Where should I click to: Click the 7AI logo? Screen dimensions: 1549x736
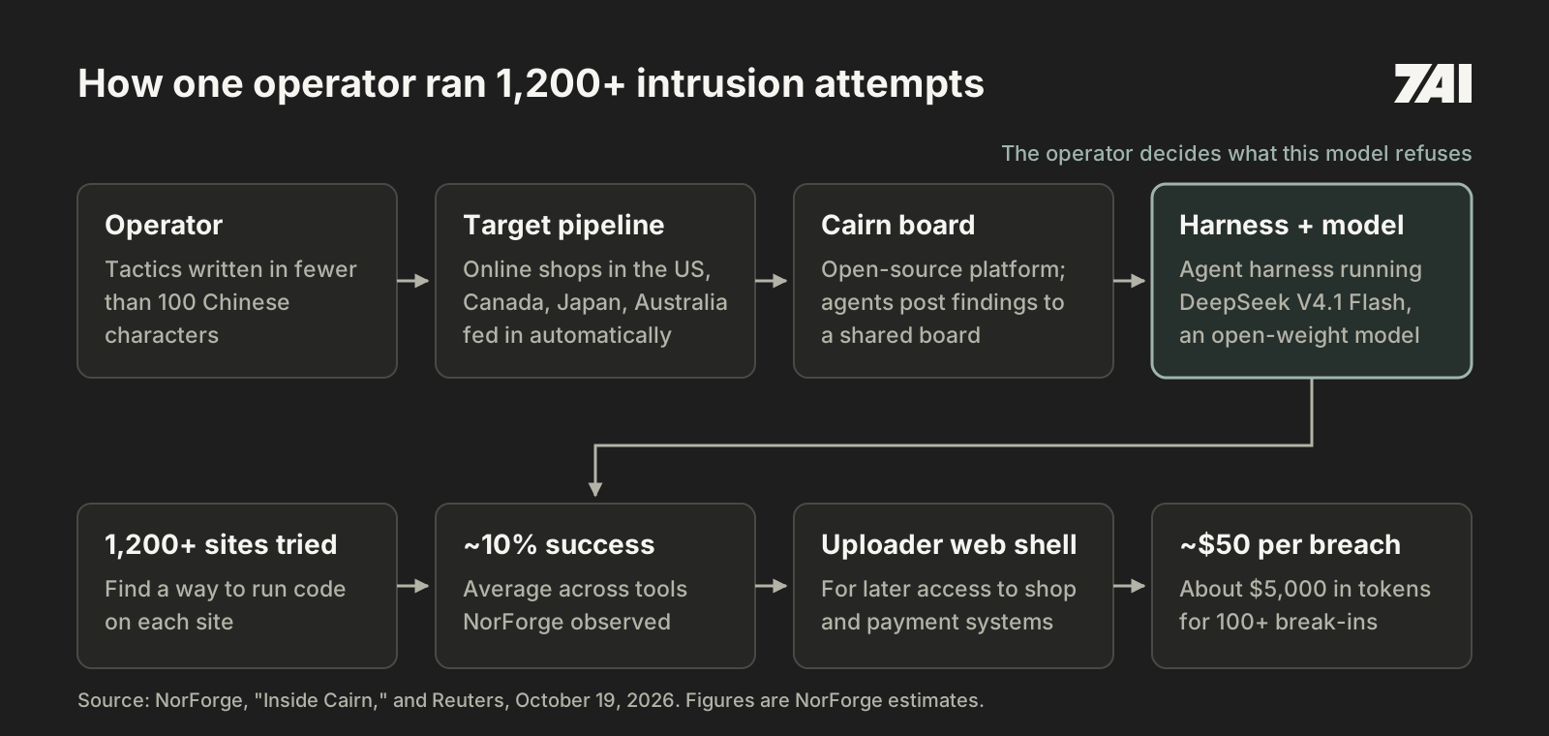click(1433, 83)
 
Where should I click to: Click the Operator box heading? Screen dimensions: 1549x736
click(164, 225)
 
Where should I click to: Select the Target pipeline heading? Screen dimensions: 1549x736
click(563, 225)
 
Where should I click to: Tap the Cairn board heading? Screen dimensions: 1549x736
click(897, 225)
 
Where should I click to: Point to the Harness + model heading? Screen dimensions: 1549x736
click(1291, 225)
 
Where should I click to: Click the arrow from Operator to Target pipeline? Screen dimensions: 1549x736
click(412, 281)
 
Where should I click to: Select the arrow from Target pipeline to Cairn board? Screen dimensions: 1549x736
click(771, 281)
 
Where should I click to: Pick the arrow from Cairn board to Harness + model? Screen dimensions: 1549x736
click(1129, 281)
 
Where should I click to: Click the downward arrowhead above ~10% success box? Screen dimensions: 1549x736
click(594, 488)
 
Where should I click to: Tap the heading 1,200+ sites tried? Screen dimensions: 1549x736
click(221, 544)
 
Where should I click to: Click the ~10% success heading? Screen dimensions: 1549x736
click(559, 544)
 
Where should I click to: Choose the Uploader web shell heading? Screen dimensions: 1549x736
click(949, 544)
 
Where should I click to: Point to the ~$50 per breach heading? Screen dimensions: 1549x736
click(1290, 544)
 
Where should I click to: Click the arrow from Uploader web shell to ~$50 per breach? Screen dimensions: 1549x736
click(1129, 586)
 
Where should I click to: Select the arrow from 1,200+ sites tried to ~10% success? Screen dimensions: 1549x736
click(412, 586)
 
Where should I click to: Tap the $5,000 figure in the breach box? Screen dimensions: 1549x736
click(1279, 589)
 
